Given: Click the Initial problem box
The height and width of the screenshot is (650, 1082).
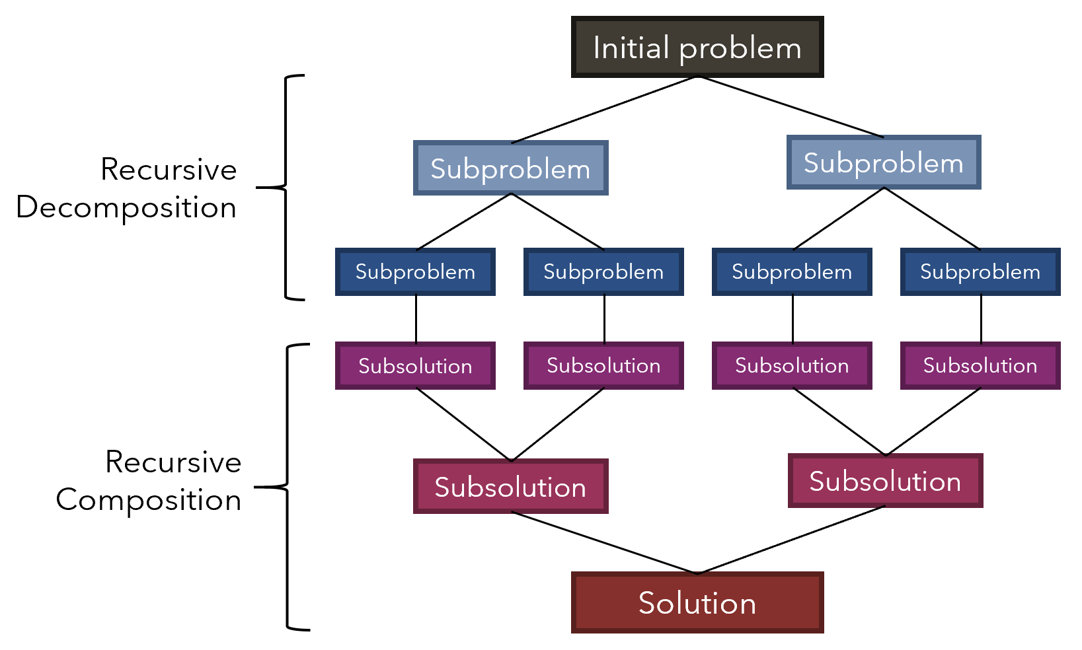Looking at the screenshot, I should pos(697,48).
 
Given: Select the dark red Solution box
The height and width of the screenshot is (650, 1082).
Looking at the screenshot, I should pos(697,602).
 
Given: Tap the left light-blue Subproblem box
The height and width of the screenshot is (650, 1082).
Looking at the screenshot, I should pos(510,168).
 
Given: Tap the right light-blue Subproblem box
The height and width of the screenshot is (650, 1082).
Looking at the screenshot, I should pos(883,162).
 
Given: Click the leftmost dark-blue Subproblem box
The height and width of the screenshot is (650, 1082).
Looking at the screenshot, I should pos(415,271).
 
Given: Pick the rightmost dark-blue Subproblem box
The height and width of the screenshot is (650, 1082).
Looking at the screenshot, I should pos(980,271).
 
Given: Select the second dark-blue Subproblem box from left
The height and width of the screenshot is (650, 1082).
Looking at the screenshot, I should pos(603,271).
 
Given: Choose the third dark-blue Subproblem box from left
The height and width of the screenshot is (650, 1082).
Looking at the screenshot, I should pos(791,271).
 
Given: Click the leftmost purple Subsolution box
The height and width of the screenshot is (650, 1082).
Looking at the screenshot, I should pos(415,365).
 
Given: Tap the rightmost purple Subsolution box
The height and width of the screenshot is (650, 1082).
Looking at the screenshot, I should pos(980,365).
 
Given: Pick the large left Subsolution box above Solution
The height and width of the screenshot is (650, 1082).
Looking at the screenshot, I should pos(510,487).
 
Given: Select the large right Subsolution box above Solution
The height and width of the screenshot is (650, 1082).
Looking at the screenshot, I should pos(885,481).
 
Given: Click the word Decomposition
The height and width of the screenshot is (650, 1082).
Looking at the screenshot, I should pos(126,208).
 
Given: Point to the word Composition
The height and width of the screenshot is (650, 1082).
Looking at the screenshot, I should pos(149,500).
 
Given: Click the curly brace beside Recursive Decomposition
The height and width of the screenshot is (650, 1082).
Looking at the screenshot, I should pos(286,188).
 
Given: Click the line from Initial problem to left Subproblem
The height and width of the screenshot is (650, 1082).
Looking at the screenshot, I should pos(604,110).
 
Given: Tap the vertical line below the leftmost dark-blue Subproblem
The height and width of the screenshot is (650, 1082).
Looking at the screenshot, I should pos(416,318).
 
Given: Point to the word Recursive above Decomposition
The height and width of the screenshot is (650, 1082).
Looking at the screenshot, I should pos(169,170).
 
